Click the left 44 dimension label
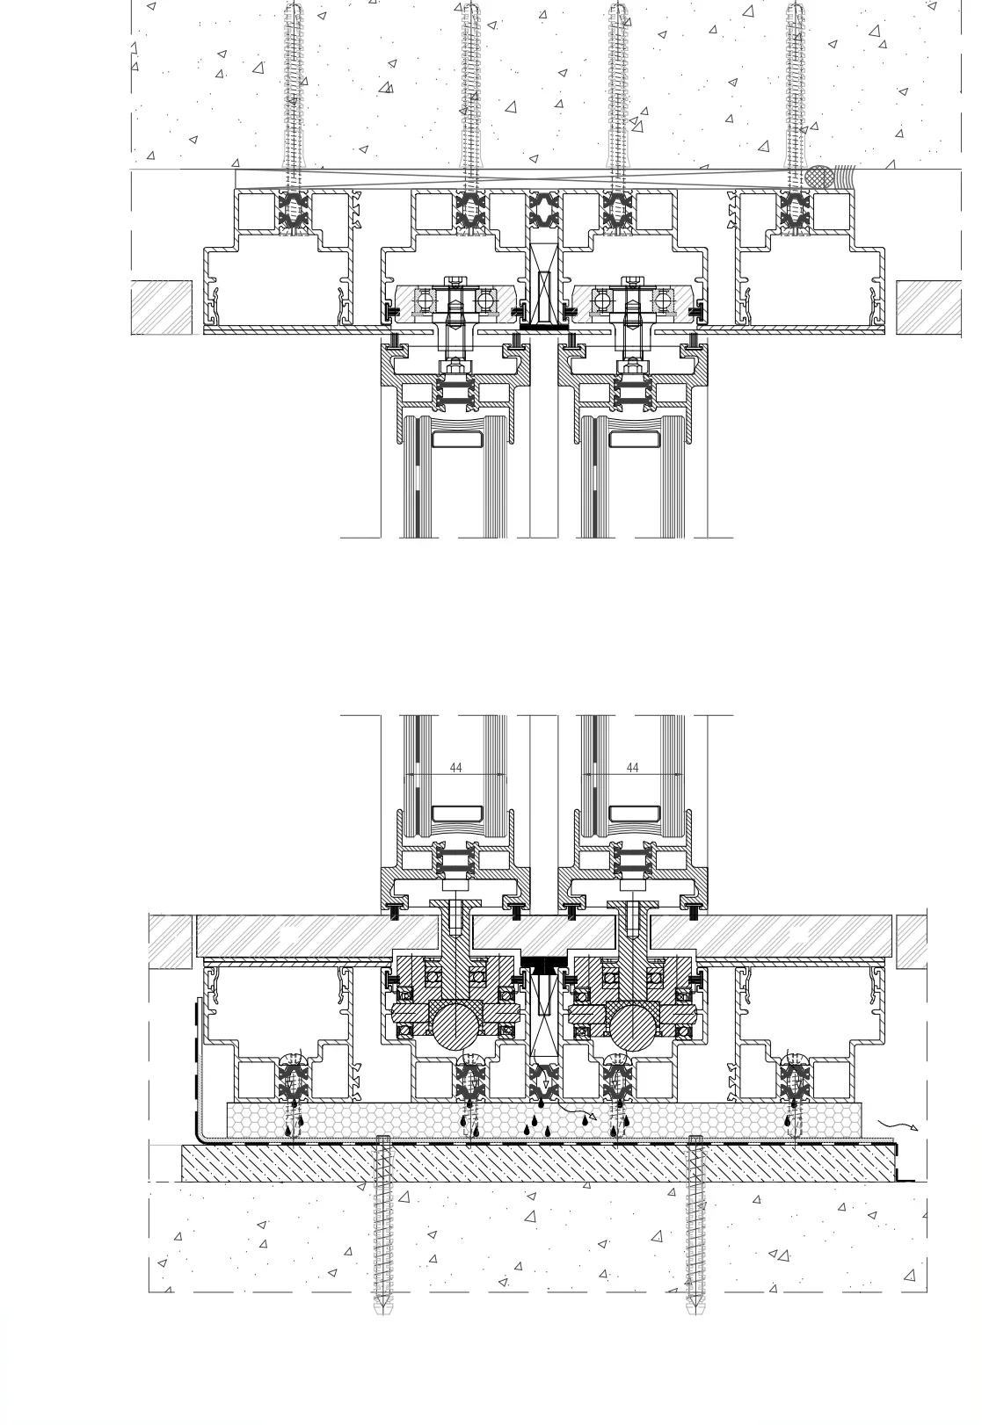tap(455, 768)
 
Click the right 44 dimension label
tap(633, 768)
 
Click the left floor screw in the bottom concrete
tap(382, 1225)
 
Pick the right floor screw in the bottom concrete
tap(695, 1225)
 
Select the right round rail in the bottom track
tap(633, 1024)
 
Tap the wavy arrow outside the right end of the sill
tap(898, 1124)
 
